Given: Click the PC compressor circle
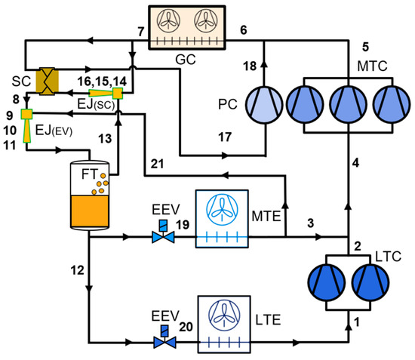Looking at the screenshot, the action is click(x=264, y=105).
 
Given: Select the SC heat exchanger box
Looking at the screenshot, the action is click(x=47, y=82).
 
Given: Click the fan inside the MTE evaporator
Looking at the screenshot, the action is click(x=222, y=210).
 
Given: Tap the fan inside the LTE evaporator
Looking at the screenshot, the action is click(x=224, y=315).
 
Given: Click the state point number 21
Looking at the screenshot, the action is click(x=157, y=164).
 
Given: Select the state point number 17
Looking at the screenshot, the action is click(x=225, y=137).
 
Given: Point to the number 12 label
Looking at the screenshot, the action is click(x=77, y=270).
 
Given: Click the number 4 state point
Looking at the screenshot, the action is click(x=355, y=162).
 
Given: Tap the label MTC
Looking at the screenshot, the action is click(x=372, y=66).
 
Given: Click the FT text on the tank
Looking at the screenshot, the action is click(x=90, y=174).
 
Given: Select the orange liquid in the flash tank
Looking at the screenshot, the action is click(x=90, y=211).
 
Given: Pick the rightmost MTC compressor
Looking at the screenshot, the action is click(x=392, y=104).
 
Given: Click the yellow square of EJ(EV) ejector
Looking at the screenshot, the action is click(x=26, y=114).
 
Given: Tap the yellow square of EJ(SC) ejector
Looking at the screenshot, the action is click(x=118, y=93).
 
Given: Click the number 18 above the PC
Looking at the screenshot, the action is click(x=250, y=66).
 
